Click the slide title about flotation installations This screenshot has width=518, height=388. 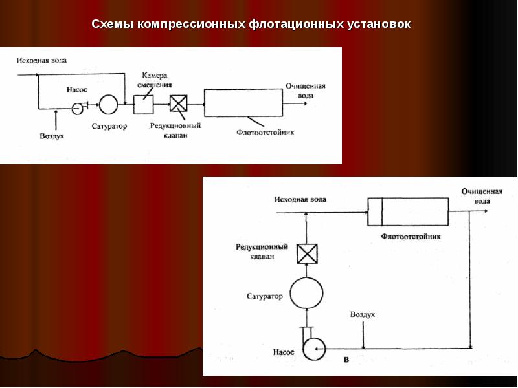pyautogui.click(x=251, y=25)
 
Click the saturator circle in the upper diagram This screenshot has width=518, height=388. pyautogui.click(x=107, y=104)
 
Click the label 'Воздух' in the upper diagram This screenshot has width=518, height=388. pyautogui.click(x=52, y=136)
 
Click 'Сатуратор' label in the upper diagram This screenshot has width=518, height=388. pyautogui.click(x=109, y=125)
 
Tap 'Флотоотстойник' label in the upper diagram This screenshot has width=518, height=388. pyautogui.click(x=265, y=131)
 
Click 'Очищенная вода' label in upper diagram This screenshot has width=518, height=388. pyautogui.click(x=306, y=91)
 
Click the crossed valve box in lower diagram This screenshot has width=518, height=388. pyautogui.click(x=306, y=254)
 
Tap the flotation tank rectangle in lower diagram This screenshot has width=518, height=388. pyautogui.click(x=408, y=211)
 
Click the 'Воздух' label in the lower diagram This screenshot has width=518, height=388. pyautogui.click(x=363, y=314)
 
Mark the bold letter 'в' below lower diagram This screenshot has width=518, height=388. pyautogui.click(x=346, y=358)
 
